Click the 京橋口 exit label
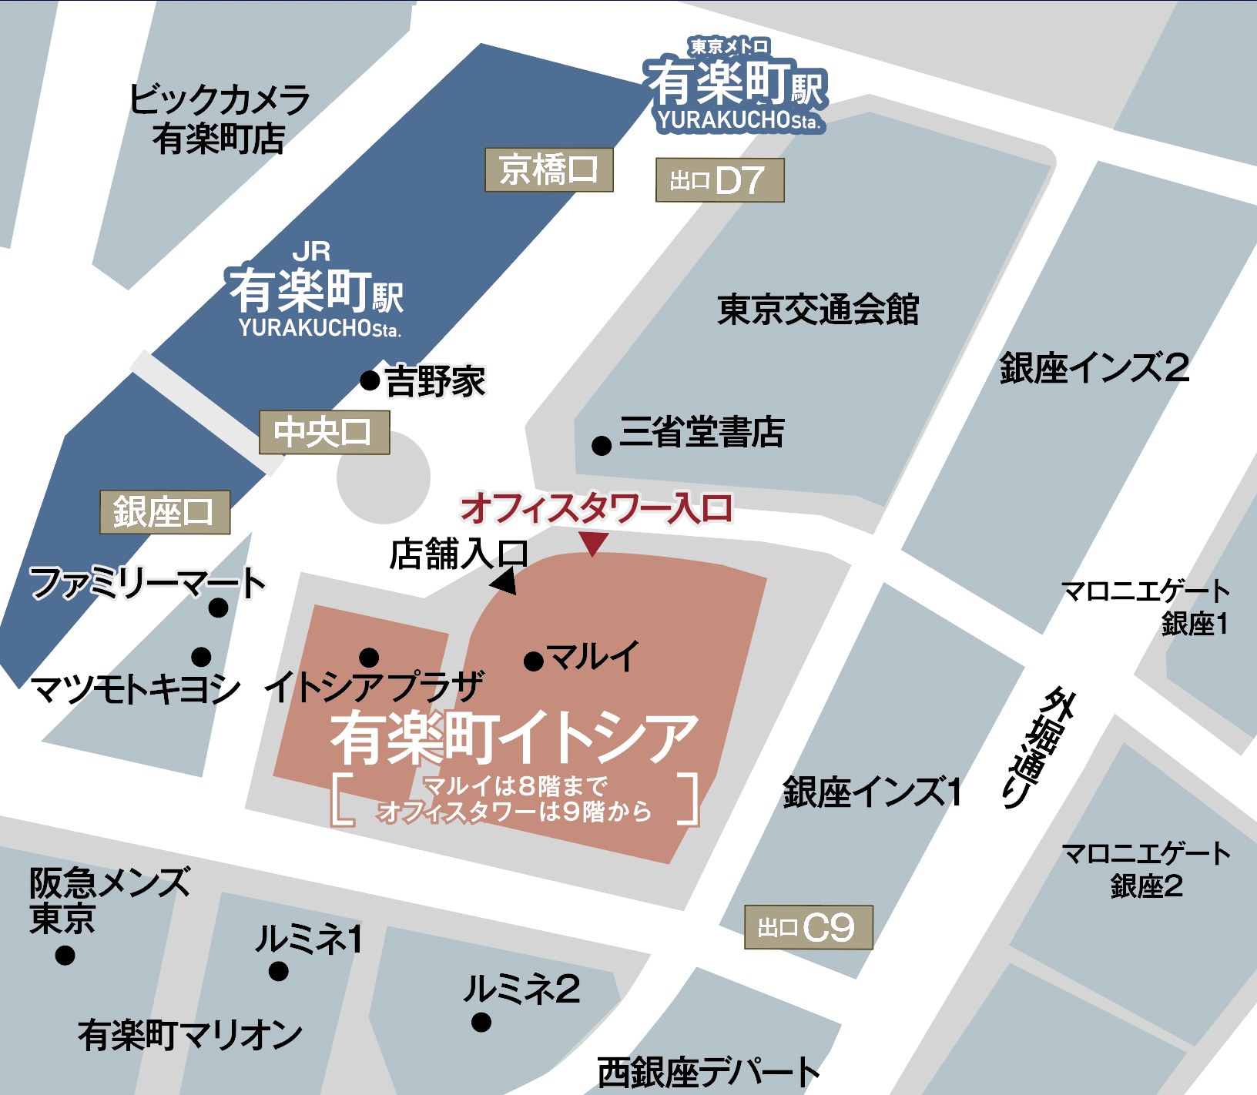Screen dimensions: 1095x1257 coord(548,169)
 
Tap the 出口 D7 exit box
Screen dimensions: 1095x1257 coord(719,180)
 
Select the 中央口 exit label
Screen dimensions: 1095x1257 coord(323,432)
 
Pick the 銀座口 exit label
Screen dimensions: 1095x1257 coord(164,512)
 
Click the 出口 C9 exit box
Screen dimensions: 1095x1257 coord(808,927)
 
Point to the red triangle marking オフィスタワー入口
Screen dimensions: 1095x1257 coord(593,543)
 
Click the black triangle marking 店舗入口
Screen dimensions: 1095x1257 coord(504,581)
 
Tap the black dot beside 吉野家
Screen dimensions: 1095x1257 coord(370,380)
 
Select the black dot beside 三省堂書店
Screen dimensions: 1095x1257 coord(602,445)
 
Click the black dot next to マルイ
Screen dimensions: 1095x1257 coord(534,661)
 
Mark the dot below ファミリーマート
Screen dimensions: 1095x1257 coord(219,608)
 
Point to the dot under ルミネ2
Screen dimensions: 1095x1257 coord(481,1023)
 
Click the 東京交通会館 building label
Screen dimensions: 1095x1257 coord(818,310)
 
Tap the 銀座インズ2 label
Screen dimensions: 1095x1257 coord(1094,368)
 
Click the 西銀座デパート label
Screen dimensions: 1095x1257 coord(708,1072)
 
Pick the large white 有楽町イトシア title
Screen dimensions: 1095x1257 coord(515,737)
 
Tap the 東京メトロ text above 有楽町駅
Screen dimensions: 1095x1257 coord(729,47)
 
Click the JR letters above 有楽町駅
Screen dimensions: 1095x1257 coord(311,252)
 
